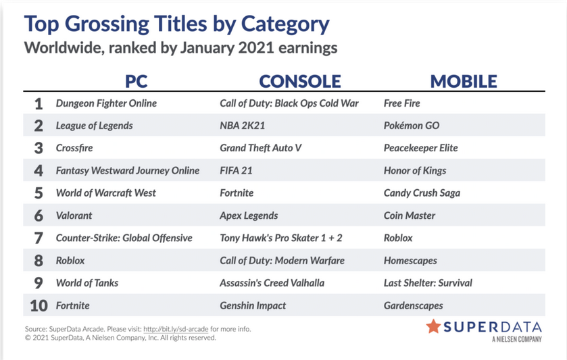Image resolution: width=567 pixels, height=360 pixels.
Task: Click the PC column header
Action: [137, 81]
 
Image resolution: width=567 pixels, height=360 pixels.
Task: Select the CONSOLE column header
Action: [300, 81]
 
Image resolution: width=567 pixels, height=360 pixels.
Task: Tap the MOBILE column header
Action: [464, 81]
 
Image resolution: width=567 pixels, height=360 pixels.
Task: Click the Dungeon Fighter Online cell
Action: [106, 103]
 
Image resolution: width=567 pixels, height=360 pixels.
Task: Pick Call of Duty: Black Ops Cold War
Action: [289, 103]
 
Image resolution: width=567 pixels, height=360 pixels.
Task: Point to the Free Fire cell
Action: [401, 103]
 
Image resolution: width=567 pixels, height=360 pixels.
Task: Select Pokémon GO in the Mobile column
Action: [412, 126]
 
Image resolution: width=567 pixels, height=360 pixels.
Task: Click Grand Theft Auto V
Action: [260, 148]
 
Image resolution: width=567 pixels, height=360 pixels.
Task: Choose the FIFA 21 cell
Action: [236, 171]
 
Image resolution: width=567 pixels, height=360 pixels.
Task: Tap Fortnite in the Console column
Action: [237, 193]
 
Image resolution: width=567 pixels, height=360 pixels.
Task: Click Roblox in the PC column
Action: [70, 261]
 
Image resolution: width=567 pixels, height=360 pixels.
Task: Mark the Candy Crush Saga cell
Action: [422, 193]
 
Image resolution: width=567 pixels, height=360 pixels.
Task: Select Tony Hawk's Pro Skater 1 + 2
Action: [281, 238]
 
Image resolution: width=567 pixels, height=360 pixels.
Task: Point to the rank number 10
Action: [39, 306]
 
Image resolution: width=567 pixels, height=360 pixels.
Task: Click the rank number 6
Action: [39, 215]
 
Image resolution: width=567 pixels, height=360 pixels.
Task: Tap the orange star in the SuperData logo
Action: [433, 326]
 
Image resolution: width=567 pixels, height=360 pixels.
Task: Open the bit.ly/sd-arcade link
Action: [176, 330]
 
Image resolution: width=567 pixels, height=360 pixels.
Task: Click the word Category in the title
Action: [285, 24]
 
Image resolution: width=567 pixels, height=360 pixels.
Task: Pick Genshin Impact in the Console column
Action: [253, 306]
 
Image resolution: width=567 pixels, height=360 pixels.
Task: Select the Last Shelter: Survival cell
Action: [428, 283]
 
